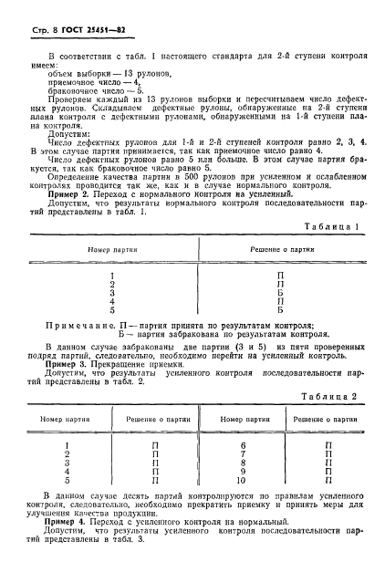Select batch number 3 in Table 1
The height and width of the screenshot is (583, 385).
110,292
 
